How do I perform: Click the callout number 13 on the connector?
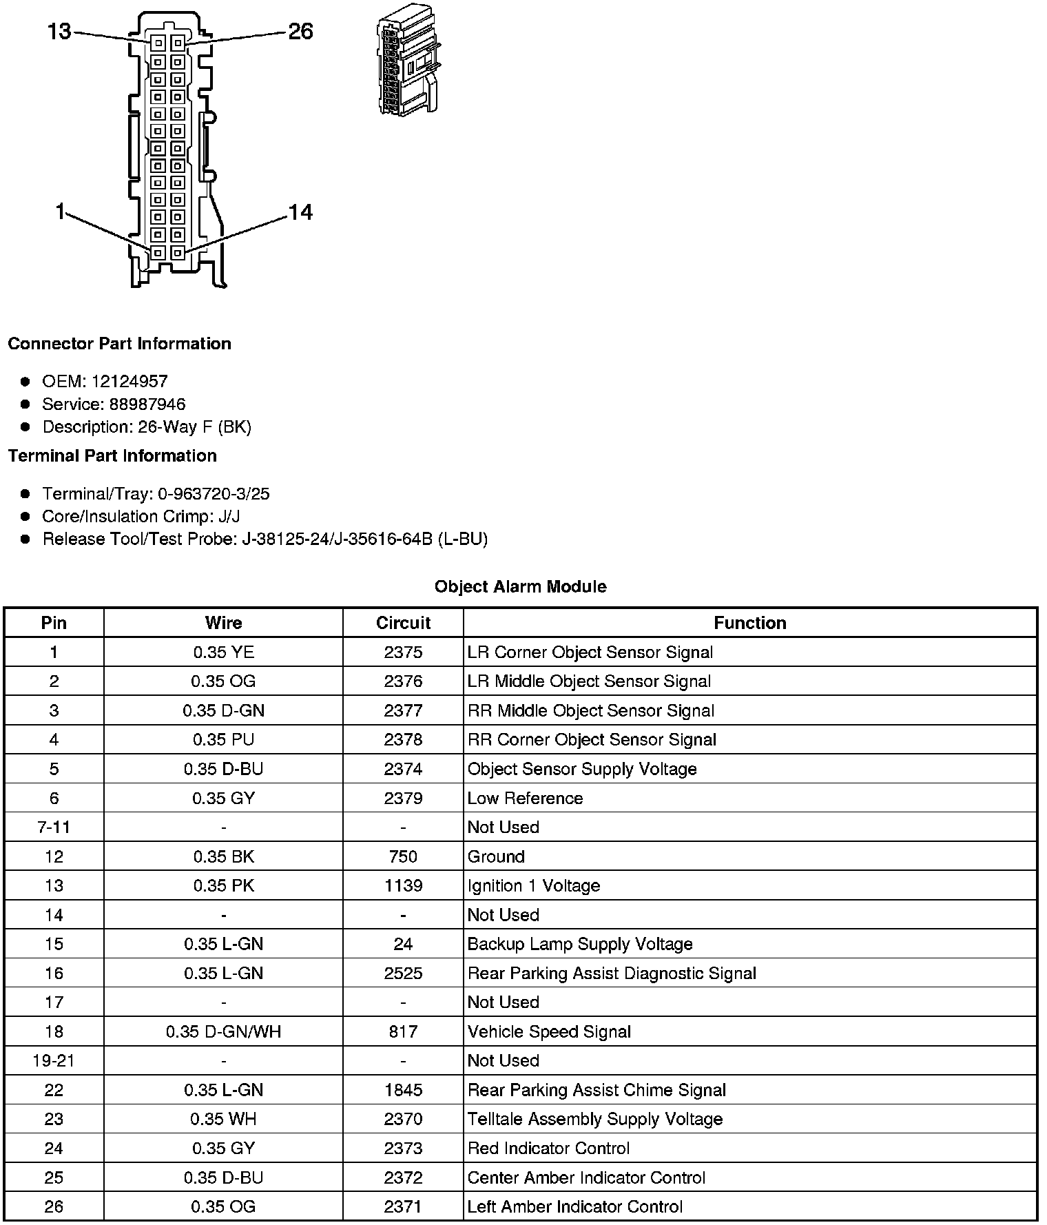(59, 31)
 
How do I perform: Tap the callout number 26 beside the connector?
(300, 31)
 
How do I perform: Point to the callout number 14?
(300, 212)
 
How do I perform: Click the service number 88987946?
(147, 404)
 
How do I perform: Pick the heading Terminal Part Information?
(112, 455)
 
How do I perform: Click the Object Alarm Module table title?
(520, 586)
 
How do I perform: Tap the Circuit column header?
(403, 623)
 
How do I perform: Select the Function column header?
(749, 623)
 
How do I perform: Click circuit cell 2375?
(403, 652)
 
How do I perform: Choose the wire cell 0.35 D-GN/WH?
(223, 1031)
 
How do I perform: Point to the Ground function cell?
(496, 856)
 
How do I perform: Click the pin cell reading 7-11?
(54, 827)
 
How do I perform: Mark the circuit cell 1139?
(403, 885)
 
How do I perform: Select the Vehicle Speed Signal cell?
(549, 1031)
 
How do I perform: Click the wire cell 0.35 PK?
(223, 885)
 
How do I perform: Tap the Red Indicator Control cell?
(548, 1148)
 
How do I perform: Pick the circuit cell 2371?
(403, 1206)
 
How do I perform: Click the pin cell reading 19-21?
(54, 1060)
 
